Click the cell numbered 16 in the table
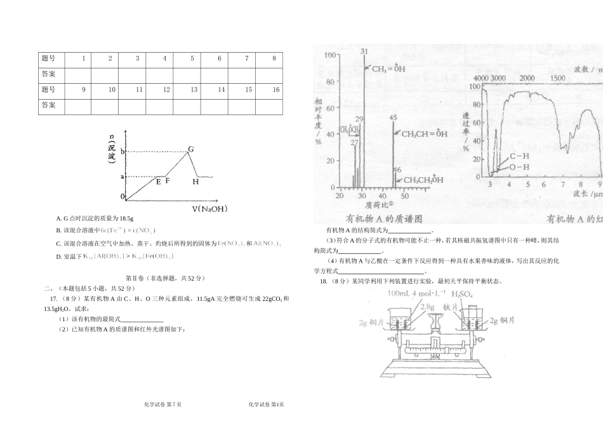(276, 90)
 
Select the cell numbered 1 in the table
(84, 58)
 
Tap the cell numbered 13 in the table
(194, 90)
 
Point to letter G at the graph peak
(190, 149)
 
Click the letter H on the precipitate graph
(195, 182)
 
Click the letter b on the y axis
(123, 152)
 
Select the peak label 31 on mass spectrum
(364, 51)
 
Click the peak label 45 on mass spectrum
(393, 117)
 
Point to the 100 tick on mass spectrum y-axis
(329, 55)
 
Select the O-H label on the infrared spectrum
(519, 167)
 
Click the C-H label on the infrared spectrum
(519, 156)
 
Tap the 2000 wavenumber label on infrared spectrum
(527, 77)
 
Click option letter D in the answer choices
(58, 256)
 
